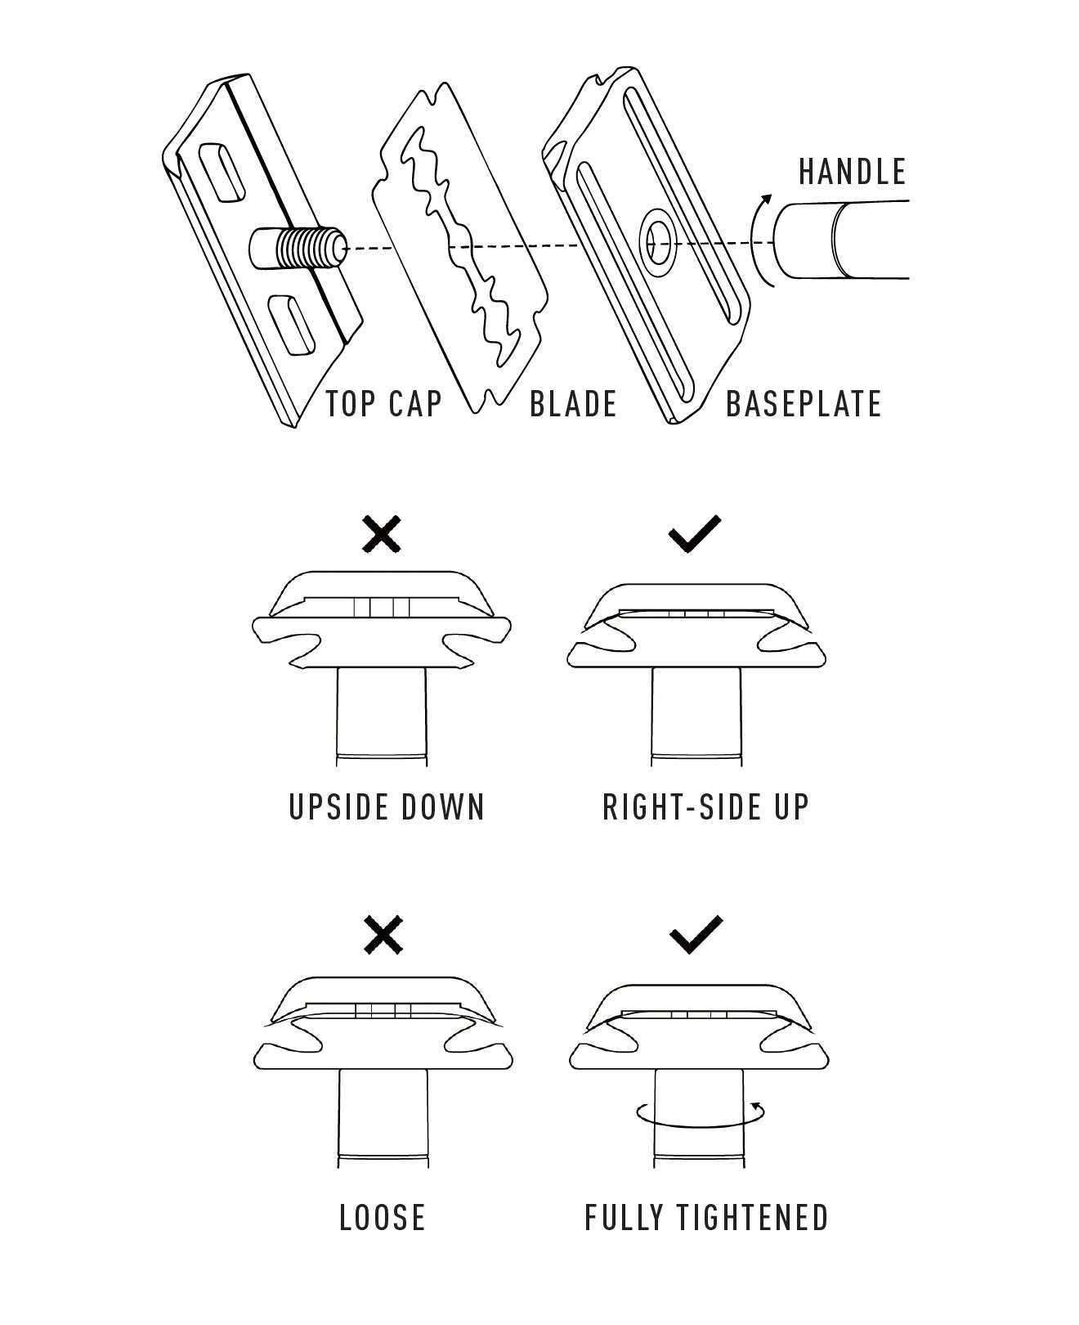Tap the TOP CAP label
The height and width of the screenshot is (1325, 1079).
click(383, 404)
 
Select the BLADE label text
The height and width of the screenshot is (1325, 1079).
click(573, 404)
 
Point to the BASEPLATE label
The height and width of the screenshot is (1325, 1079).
click(804, 404)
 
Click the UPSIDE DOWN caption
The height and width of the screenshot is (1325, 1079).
click(387, 807)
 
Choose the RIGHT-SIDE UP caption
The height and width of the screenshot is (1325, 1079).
click(706, 807)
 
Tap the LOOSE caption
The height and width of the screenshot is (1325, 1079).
click(383, 1217)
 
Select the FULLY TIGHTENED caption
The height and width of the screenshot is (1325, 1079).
click(707, 1217)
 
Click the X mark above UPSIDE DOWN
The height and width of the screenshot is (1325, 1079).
click(382, 534)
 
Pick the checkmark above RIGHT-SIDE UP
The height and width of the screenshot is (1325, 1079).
click(695, 534)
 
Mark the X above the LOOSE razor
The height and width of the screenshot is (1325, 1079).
click(383, 935)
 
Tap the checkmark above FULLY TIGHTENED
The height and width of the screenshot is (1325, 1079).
click(696, 934)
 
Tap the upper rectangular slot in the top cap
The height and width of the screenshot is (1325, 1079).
click(221, 172)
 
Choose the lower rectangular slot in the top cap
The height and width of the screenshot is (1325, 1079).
click(292, 325)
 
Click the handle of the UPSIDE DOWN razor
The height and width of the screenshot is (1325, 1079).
click(382, 716)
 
